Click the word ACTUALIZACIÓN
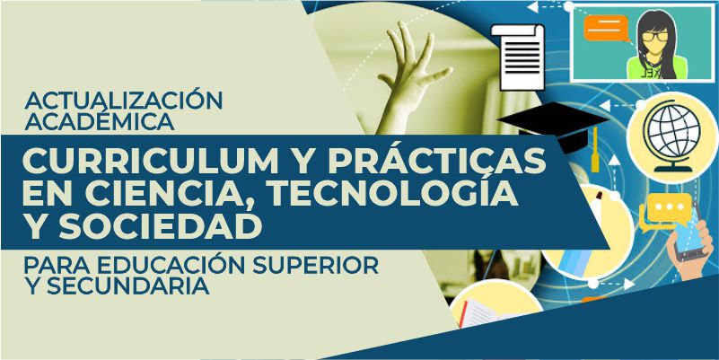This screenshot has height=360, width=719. (123, 101)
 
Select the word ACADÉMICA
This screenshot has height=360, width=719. (100, 121)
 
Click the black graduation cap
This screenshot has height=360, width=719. (553, 125)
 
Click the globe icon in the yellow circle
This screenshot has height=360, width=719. (672, 136)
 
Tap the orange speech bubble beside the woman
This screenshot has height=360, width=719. (606, 28)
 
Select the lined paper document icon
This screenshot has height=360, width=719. (519, 57)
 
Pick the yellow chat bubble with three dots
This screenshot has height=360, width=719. (669, 207)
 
